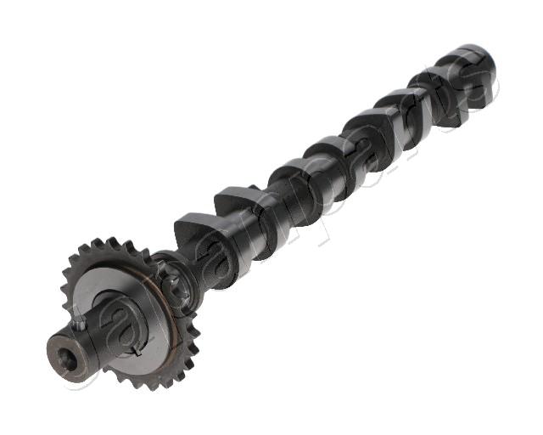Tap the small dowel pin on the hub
click(x=80, y=322)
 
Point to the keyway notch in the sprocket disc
click(x=137, y=347)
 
